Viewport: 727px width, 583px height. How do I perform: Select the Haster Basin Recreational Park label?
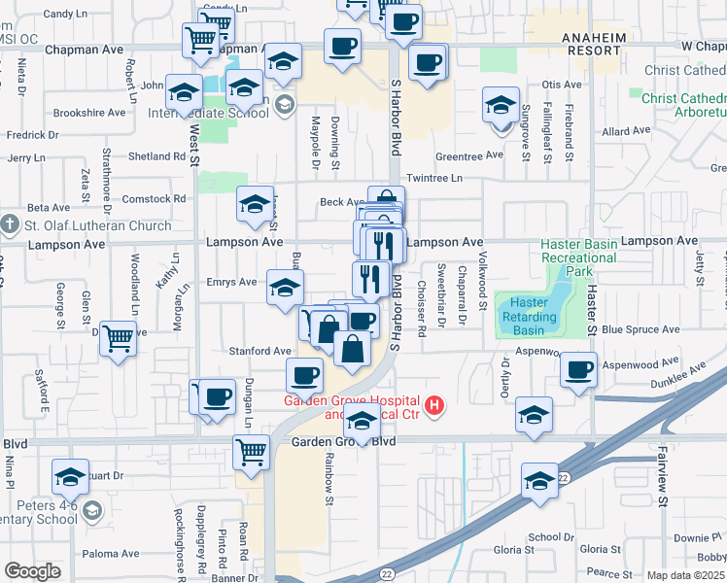point(578,257)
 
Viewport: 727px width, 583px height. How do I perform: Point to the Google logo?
point(32,571)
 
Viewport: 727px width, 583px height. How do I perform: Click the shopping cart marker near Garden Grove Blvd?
point(251,452)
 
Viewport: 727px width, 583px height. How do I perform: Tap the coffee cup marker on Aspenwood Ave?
point(578,370)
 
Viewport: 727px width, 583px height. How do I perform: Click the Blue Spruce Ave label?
point(640,329)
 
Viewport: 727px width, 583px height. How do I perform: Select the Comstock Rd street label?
point(154,198)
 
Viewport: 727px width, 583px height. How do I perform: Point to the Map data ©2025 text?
point(686,575)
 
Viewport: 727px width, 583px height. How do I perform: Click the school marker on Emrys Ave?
point(285,288)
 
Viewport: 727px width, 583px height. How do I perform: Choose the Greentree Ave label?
point(469,155)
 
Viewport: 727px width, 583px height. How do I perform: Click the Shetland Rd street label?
point(156,155)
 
